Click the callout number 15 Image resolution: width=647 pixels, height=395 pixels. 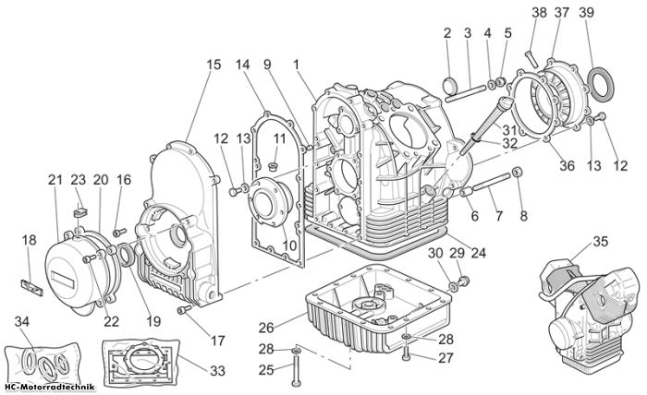(214, 65)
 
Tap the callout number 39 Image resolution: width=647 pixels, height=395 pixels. (586, 13)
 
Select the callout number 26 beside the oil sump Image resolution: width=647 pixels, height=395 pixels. (266, 328)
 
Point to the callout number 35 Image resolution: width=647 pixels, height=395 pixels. (601, 242)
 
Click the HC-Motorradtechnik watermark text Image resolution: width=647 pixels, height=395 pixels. (49, 388)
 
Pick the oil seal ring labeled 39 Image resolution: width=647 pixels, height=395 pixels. (601, 84)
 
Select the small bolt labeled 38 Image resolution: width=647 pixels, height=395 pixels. (531, 59)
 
